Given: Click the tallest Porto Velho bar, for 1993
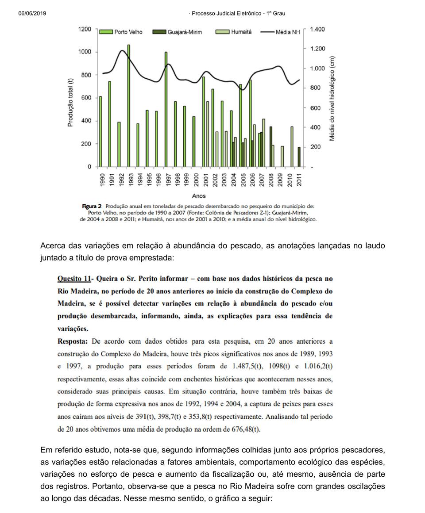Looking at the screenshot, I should tap(128, 106).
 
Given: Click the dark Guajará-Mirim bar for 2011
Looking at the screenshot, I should tap(299, 157).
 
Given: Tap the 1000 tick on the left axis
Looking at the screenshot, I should tap(85, 52).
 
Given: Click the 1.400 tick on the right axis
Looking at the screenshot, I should tap(317, 29).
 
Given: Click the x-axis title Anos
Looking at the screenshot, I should tap(199, 195).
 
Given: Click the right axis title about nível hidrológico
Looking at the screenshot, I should tap(332, 98).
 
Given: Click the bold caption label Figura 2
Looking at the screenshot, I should tap(92, 206).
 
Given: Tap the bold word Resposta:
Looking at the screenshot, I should tap(73, 341).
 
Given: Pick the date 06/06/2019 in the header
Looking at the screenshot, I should tap(32, 14).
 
